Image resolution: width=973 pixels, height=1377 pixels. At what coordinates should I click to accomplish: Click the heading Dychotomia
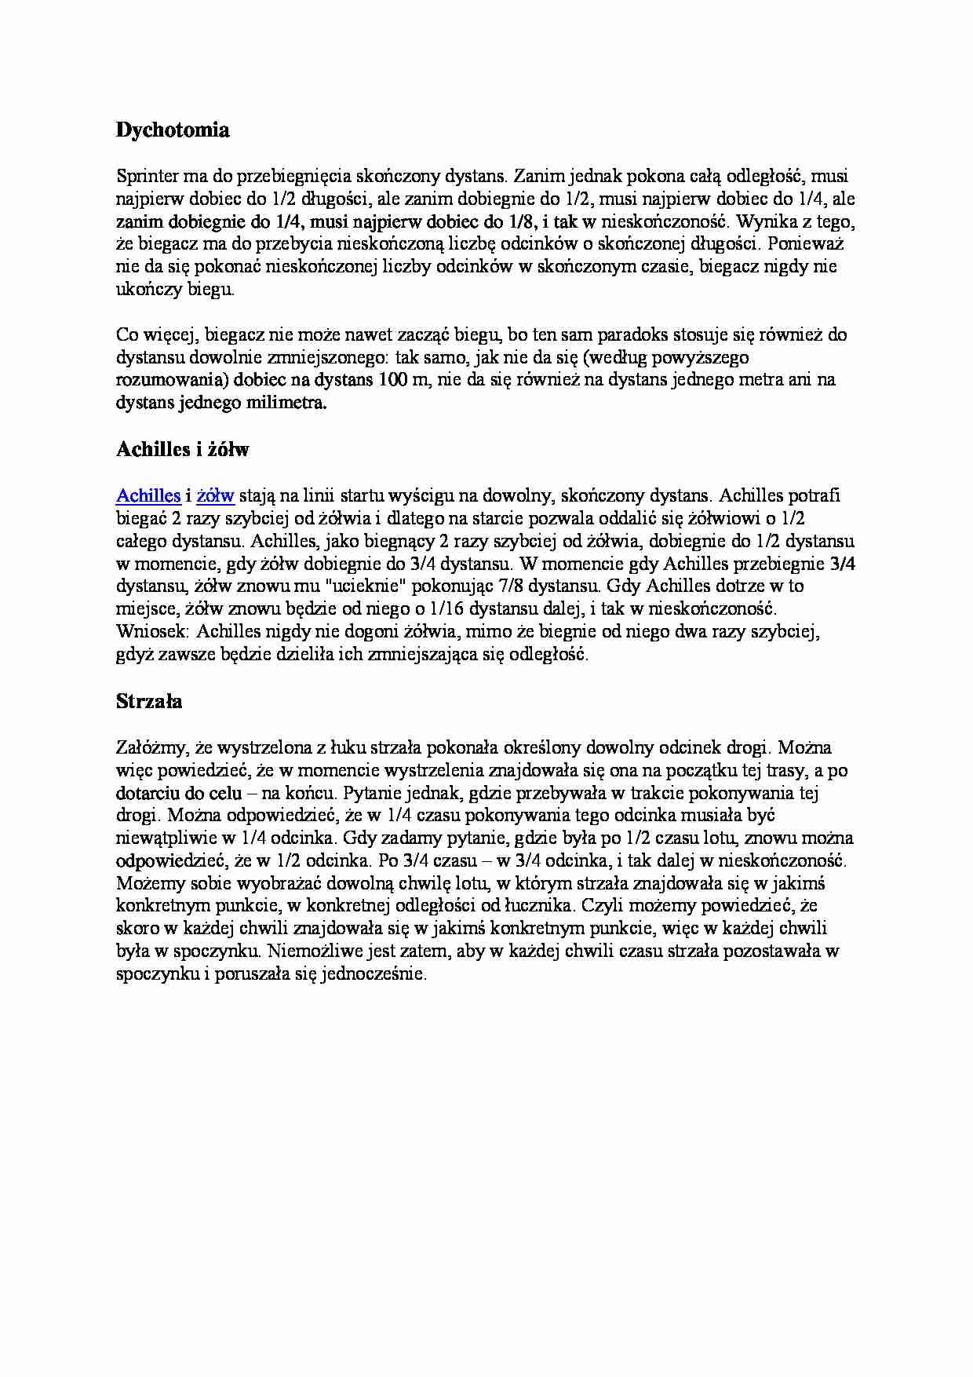pos(173,131)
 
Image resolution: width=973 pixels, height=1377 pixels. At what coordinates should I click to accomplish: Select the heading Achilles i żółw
pos(182,450)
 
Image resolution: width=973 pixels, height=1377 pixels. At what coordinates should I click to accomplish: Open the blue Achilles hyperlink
pos(148,495)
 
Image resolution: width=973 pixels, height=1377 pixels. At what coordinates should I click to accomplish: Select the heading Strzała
pos(149,701)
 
